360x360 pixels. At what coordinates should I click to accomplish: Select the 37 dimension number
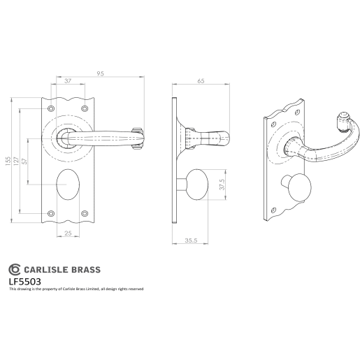(68, 82)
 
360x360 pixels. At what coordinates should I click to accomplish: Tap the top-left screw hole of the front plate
(50, 109)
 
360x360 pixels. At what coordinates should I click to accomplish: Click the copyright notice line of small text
(75, 289)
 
